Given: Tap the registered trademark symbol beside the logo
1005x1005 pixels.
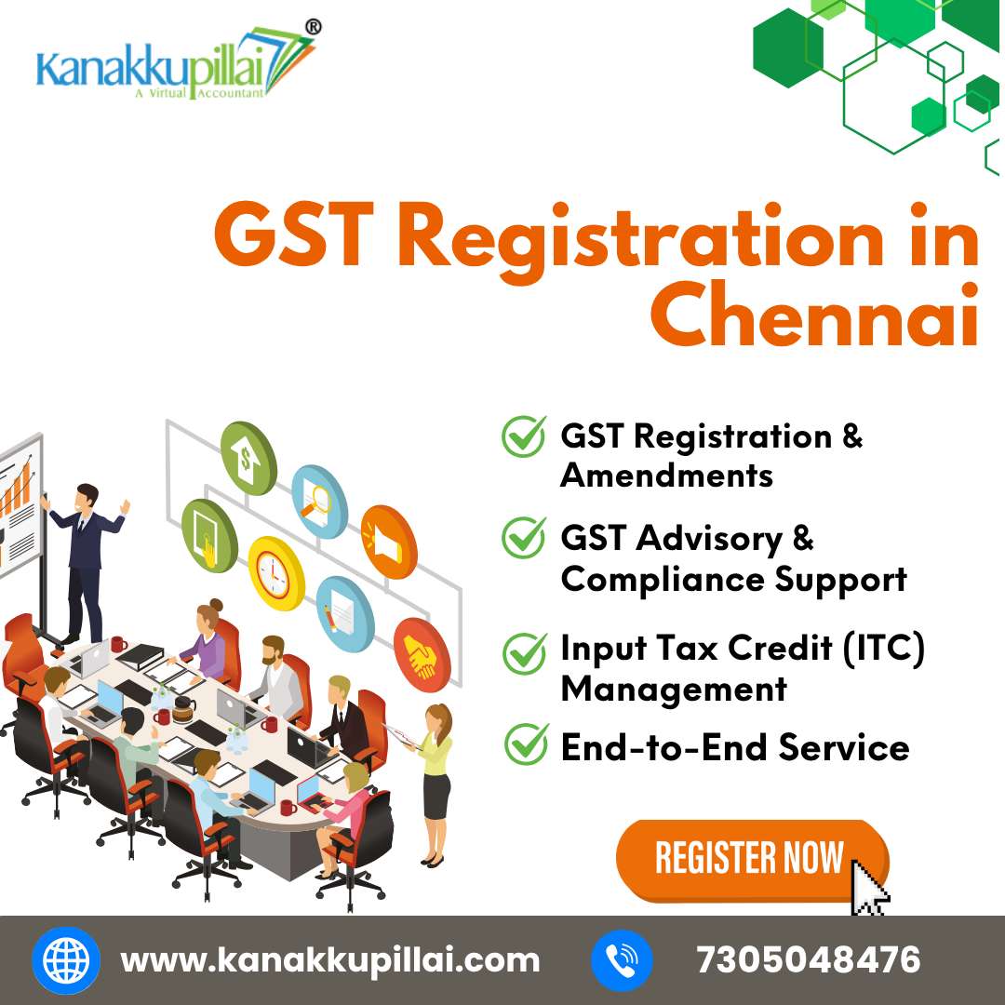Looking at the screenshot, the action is pyautogui.click(x=313, y=27).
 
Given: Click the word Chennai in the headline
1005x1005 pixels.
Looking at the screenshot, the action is pyautogui.click(x=815, y=315).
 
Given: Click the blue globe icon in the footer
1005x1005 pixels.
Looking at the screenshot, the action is pyautogui.click(x=66, y=960).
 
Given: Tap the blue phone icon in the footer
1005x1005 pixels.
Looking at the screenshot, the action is pyautogui.click(x=621, y=960).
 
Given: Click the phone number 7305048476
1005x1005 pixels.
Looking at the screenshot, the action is pyautogui.click(x=809, y=959).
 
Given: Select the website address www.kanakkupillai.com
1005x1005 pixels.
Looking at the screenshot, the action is pyautogui.click(x=330, y=960).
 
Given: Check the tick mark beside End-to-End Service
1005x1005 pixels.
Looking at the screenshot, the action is pyautogui.click(x=526, y=744).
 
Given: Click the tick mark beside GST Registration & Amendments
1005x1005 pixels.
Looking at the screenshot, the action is pyautogui.click(x=524, y=435).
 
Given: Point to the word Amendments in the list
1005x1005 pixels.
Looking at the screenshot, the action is pyautogui.click(x=666, y=476).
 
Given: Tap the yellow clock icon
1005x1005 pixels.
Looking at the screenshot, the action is pyautogui.click(x=276, y=573).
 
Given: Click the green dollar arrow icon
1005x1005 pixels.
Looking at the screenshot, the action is pyautogui.click(x=248, y=458).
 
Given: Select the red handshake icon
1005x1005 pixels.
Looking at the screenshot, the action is pyautogui.click(x=422, y=654).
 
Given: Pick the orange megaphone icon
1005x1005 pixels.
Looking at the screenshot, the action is pyautogui.click(x=388, y=543).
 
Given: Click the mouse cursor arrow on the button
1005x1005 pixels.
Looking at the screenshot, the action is pyautogui.click(x=868, y=888).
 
